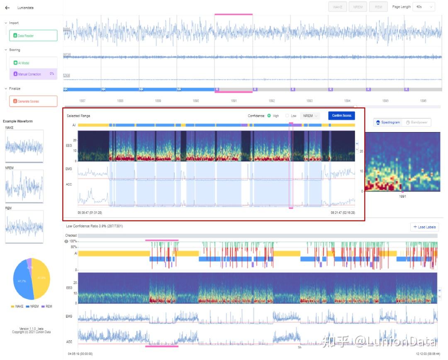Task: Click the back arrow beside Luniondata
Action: pyautogui.click(x=7, y=8)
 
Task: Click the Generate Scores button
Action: pyautogui.click(x=33, y=101)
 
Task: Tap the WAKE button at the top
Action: pyautogui.click(x=338, y=7)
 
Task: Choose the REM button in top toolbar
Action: pyautogui.click(x=378, y=7)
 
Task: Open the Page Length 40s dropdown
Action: pyautogui.click(x=424, y=7)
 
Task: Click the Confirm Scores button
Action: pyautogui.click(x=341, y=116)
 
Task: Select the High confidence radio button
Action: pyautogui.click(x=270, y=116)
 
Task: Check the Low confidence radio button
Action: pyautogui.click(x=287, y=116)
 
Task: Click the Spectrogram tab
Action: pyautogui.click(x=388, y=122)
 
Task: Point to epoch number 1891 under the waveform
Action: pyautogui.click(x=234, y=101)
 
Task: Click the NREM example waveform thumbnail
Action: pyautogui.click(x=24, y=186)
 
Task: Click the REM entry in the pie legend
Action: pyautogui.click(x=47, y=306)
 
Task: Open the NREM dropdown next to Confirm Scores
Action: pyautogui.click(x=311, y=116)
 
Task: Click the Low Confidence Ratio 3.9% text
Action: pyautogui.click(x=94, y=226)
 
